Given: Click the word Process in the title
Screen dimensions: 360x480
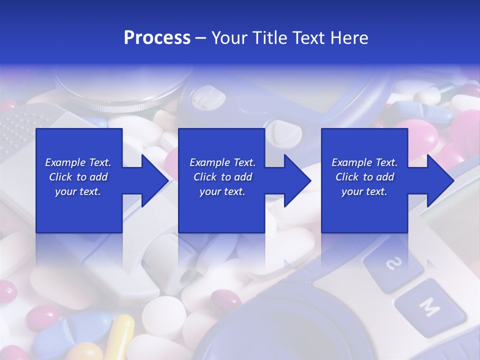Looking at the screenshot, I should coord(157,38).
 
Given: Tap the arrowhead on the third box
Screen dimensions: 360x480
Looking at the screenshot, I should coord(439,180).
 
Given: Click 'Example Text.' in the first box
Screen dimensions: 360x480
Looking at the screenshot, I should coord(78,162).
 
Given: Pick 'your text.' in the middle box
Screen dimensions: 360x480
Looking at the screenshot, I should coord(222,191).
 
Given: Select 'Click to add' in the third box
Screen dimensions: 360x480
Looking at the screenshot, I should coord(364,177).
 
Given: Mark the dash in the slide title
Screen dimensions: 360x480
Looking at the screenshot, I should coord(201,38).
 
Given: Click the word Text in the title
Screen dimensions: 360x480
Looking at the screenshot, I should coord(308,38).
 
